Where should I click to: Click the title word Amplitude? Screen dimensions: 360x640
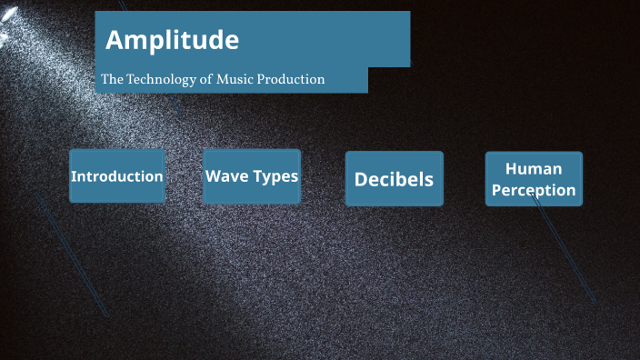coord(173,40)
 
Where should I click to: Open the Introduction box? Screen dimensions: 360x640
coord(117,175)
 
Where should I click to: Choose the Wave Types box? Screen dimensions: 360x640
coord(252,175)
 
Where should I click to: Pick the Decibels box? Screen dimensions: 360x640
coord(394,179)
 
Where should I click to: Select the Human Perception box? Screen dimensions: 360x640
coord(534,179)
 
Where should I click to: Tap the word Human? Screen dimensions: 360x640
coord(534,168)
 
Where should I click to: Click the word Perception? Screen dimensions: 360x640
coord(534,190)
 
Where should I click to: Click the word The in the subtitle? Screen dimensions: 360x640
coord(111,79)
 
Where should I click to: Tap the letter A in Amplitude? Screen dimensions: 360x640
coord(115,40)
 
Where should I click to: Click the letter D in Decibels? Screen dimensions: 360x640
coord(361,179)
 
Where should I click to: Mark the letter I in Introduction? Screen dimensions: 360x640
coord(74,175)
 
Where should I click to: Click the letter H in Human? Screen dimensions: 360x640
coord(511,168)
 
